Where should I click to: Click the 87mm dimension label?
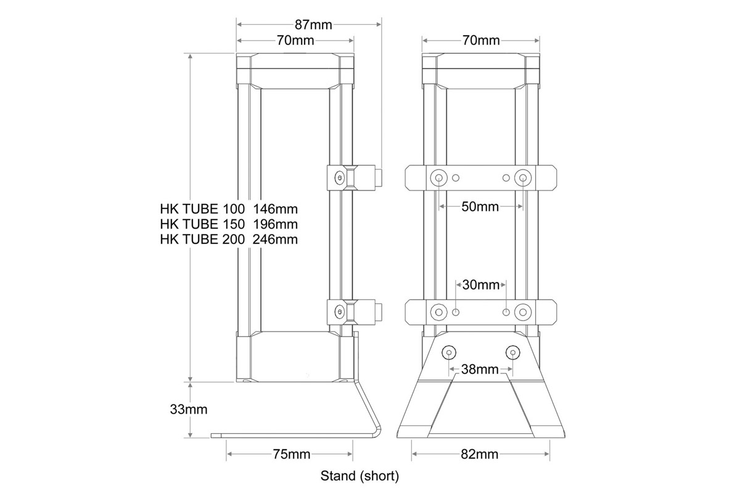tap(313, 25)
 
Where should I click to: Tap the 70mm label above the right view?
tap(481, 41)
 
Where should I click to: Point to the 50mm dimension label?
tap(480, 206)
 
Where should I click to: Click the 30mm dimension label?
tap(480, 285)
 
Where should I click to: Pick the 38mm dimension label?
tap(480, 370)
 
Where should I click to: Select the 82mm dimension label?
tap(480, 455)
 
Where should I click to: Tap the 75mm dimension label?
tap(291, 455)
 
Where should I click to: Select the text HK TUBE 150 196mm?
tap(228, 224)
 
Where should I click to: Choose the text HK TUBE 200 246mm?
tap(228, 239)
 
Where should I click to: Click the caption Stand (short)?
tap(360, 476)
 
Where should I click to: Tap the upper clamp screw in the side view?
tap(339, 178)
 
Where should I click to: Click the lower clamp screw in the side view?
tap(339, 311)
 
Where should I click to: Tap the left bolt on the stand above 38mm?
tap(449, 352)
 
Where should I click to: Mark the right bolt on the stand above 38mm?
tap(512, 352)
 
